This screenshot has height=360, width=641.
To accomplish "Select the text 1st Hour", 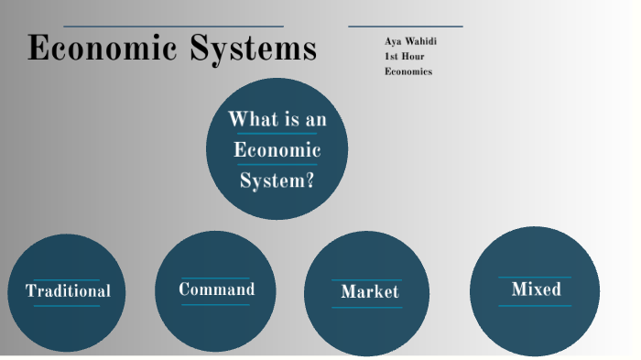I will (x=404, y=56).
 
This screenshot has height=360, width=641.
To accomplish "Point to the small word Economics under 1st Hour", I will (x=408, y=71).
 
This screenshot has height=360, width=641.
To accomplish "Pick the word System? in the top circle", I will (x=277, y=180).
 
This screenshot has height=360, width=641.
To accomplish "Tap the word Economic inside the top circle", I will (x=277, y=150).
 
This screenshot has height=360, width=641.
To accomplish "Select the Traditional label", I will (x=68, y=291).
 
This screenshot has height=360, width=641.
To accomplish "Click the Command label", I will (x=216, y=289).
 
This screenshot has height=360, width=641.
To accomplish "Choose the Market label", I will (x=369, y=291).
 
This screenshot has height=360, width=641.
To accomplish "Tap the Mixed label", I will (x=536, y=289).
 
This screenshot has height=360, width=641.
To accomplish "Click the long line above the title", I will (x=174, y=27).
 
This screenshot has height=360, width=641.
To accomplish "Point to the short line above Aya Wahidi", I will (x=406, y=27).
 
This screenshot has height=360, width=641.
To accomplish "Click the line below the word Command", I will (x=215, y=304).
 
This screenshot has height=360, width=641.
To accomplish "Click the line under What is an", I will (x=277, y=134).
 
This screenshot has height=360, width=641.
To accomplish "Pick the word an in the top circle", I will (x=315, y=120).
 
